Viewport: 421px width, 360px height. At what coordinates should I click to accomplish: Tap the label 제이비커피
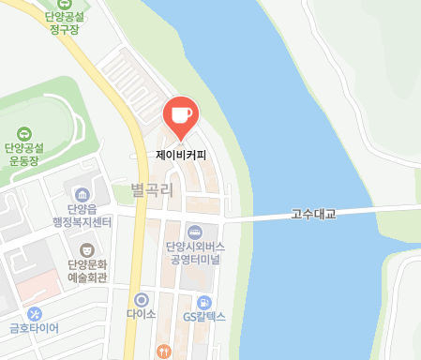pos(182,153)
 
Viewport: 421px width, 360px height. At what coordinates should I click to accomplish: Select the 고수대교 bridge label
pos(313,214)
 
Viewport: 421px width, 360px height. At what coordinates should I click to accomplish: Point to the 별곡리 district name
pos(153,190)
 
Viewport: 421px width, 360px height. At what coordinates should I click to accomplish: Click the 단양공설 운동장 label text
pos(24,154)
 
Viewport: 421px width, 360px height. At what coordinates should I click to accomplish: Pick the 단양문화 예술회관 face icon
pos(87,249)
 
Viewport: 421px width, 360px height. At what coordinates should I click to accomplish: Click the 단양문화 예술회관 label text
pos(87,271)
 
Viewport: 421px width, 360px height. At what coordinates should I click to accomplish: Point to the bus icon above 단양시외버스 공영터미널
pos(194,232)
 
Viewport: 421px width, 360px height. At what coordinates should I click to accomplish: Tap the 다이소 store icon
pos(141,299)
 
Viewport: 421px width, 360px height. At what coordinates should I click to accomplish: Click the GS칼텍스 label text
pos(204,317)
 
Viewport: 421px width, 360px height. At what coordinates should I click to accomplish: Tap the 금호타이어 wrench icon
pos(35,313)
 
